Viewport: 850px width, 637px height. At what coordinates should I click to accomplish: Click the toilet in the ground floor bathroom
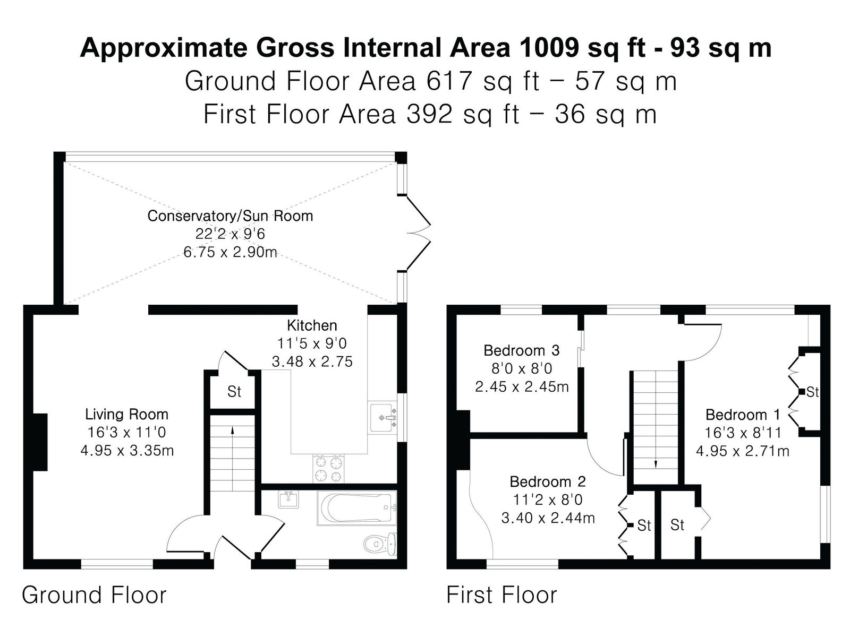click(x=380, y=544)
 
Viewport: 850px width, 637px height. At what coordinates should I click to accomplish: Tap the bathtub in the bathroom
click(x=356, y=508)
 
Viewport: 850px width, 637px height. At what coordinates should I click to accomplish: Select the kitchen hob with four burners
click(x=328, y=468)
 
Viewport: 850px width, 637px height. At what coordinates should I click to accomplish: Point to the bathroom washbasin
click(x=288, y=500)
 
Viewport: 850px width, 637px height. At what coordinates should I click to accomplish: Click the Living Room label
click(x=126, y=415)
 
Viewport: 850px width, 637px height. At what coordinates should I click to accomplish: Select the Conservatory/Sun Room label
click(x=230, y=216)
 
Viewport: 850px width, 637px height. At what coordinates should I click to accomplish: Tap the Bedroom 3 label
click(x=522, y=350)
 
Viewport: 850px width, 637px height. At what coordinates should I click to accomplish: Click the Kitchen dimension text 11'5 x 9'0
click(x=312, y=343)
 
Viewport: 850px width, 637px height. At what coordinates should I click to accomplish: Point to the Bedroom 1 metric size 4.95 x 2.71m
click(x=742, y=451)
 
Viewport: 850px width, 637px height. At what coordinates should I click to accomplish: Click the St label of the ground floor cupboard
click(x=234, y=392)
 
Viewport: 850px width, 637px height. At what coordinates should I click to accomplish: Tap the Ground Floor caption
click(x=94, y=595)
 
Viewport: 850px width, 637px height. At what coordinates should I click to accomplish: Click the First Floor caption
click(x=501, y=595)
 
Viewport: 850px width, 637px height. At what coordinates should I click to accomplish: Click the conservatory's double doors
click(x=418, y=233)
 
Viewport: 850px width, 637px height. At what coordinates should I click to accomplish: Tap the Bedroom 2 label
click(x=548, y=482)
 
